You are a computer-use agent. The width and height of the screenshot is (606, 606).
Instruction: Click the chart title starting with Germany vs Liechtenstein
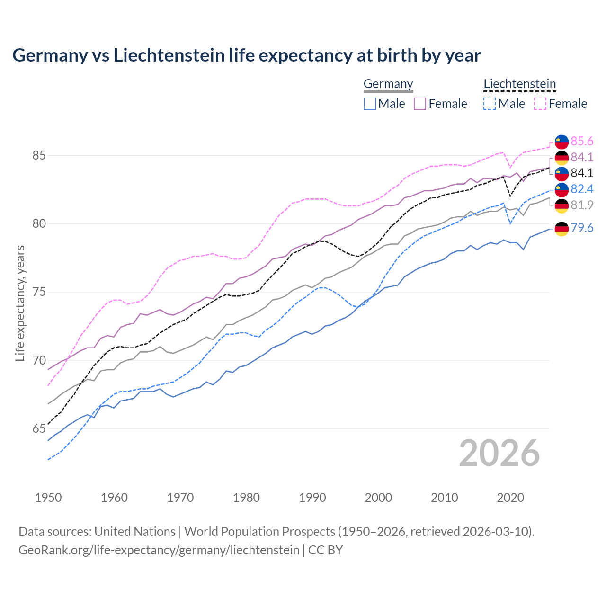click(246, 55)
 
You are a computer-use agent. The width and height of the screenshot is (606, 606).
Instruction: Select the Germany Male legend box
click(370, 104)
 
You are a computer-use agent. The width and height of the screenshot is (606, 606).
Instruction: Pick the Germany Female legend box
click(420, 104)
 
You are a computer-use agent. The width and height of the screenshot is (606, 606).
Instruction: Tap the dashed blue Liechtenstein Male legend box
click(490, 104)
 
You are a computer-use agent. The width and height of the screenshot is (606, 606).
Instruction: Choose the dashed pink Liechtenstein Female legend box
click(540, 104)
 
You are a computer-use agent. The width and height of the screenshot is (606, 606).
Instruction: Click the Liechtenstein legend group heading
click(519, 84)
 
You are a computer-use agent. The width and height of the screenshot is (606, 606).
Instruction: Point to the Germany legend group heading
click(388, 84)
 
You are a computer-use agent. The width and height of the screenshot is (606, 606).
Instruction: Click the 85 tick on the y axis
click(39, 155)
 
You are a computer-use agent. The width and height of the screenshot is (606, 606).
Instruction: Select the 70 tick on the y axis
click(39, 360)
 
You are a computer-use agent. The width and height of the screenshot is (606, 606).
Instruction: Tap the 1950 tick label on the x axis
click(48, 498)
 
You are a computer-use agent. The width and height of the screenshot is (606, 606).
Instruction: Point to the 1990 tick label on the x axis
click(312, 498)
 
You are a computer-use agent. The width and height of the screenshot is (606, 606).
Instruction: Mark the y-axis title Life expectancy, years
click(20, 303)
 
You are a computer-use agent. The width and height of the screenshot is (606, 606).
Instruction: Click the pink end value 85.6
click(582, 141)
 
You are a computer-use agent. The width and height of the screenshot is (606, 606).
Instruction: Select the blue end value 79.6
click(582, 228)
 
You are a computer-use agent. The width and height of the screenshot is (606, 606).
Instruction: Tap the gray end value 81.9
click(582, 205)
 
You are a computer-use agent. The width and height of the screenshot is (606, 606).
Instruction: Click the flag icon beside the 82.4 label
click(561, 189)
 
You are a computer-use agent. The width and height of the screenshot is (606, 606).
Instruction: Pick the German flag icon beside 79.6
click(561, 229)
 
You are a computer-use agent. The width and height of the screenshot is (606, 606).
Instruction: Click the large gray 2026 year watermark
click(499, 453)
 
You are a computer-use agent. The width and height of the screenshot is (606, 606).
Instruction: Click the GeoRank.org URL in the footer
click(159, 550)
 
